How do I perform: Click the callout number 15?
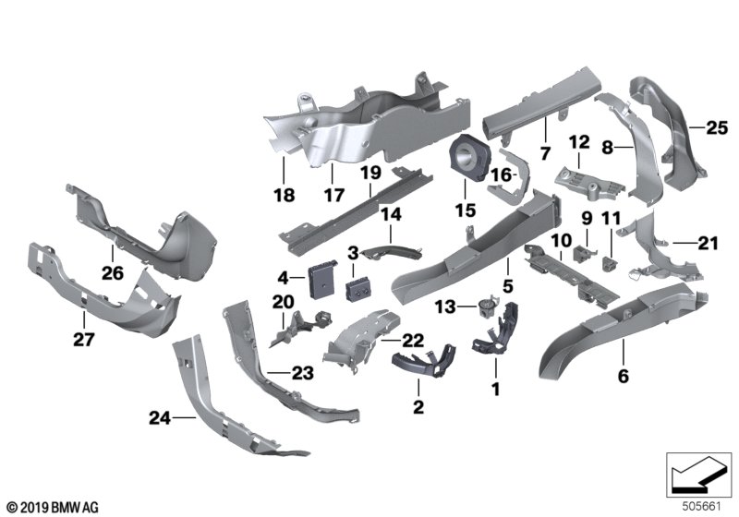(466, 210)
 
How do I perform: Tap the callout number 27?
(84, 339)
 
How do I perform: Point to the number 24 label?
(160, 417)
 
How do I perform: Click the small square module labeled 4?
(321, 280)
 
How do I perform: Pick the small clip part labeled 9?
(583, 253)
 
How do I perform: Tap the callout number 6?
(623, 377)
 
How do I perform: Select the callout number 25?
(717, 127)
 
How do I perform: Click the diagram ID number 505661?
(702, 507)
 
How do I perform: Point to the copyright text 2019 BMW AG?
(53, 508)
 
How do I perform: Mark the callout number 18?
(285, 195)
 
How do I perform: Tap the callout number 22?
(412, 341)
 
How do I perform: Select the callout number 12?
(579, 142)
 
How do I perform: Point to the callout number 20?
(284, 302)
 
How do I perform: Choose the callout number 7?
(545, 153)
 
